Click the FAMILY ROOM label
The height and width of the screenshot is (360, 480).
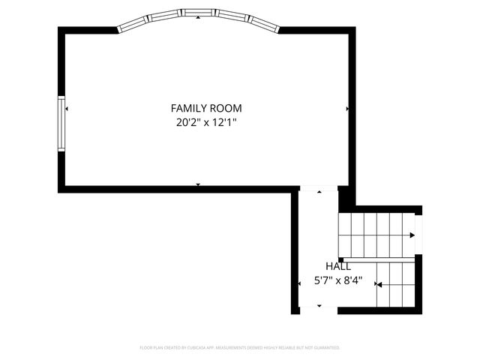[x=206, y=108]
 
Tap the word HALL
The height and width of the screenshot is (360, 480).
[x=337, y=266]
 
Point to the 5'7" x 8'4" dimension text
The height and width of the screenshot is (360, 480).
[x=337, y=281]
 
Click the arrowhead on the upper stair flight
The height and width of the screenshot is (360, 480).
[x=412, y=235]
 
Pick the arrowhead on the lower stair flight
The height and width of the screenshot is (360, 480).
[x=379, y=285]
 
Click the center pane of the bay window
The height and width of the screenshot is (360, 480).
[x=198, y=12]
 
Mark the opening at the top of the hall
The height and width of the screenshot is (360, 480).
[x=319, y=189]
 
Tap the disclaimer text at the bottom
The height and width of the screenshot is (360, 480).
[x=240, y=348]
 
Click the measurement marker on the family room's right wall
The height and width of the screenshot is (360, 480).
[x=347, y=109]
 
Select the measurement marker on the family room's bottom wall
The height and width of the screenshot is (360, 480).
[x=198, y=184]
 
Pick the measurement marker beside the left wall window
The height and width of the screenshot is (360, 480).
[x=67, y=109]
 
